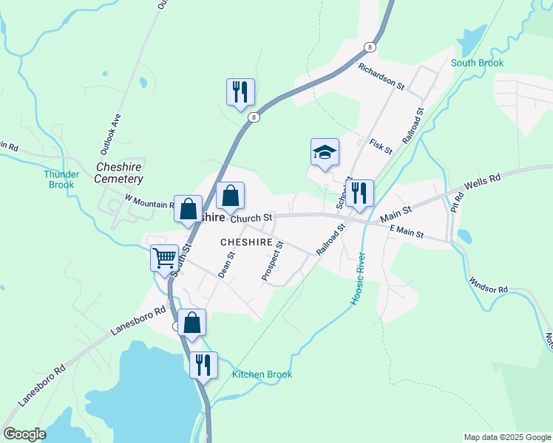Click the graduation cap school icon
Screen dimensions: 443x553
325,153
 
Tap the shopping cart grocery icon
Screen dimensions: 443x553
164,258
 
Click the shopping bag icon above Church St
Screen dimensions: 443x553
231,196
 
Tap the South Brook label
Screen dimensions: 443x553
477,63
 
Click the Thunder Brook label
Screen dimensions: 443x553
61,179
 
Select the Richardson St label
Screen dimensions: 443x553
381,77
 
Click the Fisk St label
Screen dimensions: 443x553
380,145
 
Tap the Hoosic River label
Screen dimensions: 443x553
356,281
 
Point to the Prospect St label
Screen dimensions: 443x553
272,259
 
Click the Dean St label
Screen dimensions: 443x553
225,264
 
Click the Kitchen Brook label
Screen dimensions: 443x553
262,374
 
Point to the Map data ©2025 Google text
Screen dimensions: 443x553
506,437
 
